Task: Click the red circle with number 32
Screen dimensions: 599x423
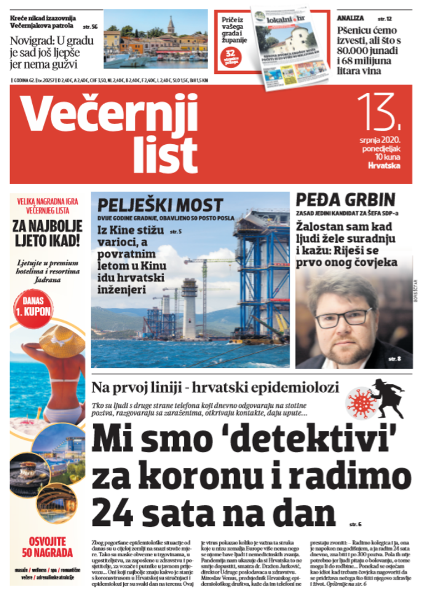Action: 230,54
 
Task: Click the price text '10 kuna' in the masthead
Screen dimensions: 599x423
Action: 381,156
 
